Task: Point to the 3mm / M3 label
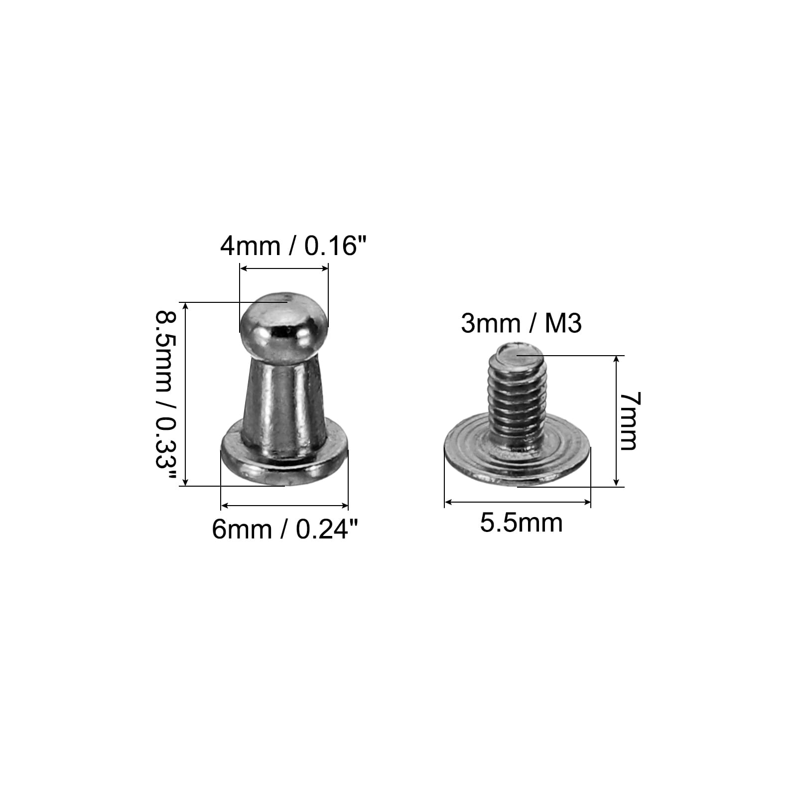pyautogui.click(x=521, y=324)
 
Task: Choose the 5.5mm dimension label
pyautogui.click(x=521, y=523)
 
